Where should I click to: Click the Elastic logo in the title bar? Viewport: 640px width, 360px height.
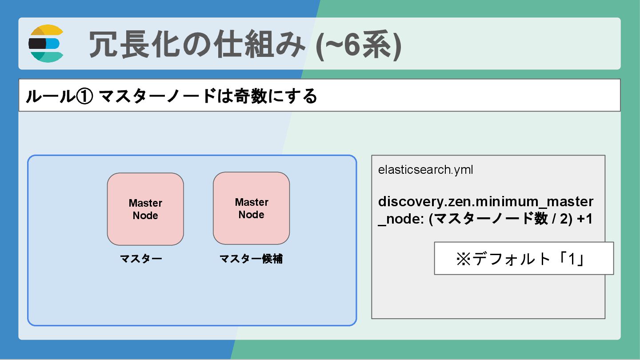[x=46, y=44]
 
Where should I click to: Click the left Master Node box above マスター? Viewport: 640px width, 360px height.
[x=145, y=209]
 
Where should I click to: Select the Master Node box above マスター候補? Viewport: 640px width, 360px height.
[x=252, y=208]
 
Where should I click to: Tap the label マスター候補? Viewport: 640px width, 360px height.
[x=251, y=259]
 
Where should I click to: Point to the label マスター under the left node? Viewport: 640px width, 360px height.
[x=141, y=259]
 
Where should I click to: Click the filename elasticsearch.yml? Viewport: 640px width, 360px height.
[x=425, y=170]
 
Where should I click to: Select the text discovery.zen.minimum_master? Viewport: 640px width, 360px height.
[x=485, y=202]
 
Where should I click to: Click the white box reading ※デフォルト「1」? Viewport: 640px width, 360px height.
[x=524, y=258]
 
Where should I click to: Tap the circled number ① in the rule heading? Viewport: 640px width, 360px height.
[x=84, y=96]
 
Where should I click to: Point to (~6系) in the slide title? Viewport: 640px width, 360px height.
[x=358, y=44]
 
